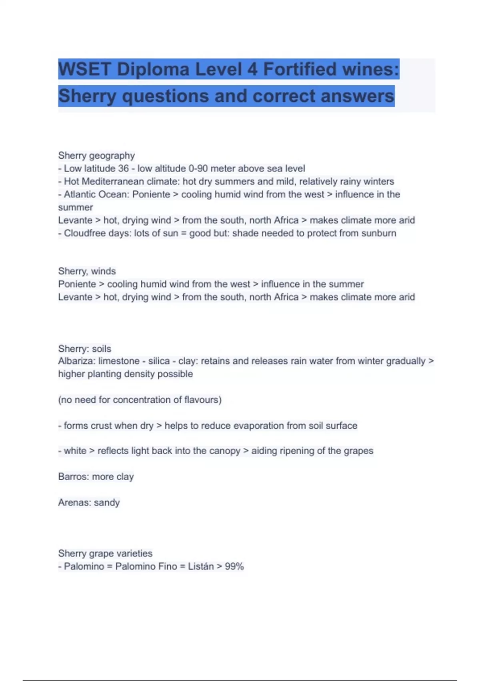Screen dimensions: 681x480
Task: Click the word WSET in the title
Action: [x=84, y=69]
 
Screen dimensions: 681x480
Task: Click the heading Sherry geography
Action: [x=96, y=155]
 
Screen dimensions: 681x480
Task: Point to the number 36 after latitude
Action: [x=123, y=169]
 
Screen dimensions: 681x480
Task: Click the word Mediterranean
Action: [x=113, y=181]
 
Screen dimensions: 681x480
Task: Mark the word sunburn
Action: [x=379, y=233]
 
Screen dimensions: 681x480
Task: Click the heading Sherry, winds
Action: [x=87, y=271]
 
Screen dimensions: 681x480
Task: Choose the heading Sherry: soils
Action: [x=84, y=349]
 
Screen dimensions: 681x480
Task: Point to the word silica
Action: [x=159, y=361]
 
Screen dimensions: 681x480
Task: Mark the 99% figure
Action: [x=234, y=566]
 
